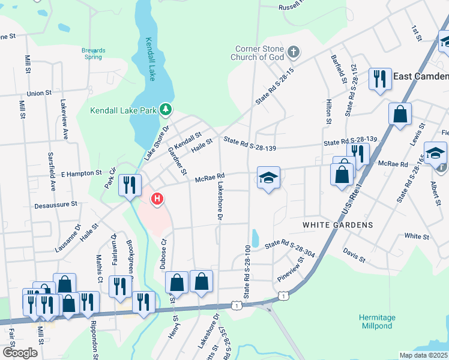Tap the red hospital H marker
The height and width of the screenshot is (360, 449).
(x=157, y=199)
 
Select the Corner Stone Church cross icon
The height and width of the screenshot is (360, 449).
(x=294, y=51)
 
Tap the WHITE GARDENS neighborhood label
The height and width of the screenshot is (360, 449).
(x=337, y=225)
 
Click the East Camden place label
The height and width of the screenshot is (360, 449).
(x=421, y=76)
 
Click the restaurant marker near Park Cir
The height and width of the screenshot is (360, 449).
(x=130, y=185)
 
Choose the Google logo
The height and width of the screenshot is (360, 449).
(x=20, y=353)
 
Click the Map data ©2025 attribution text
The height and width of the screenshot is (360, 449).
(x=423, y=355)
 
